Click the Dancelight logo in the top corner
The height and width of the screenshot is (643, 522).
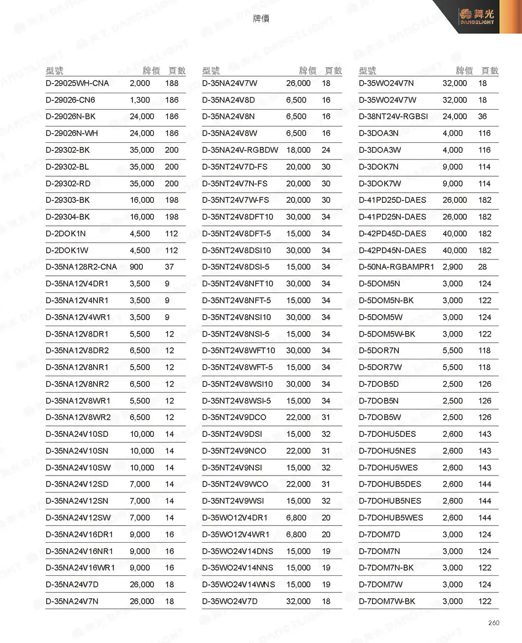coord(477,17)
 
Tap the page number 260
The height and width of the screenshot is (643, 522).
coord(493,623)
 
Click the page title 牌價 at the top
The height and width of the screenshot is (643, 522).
coord(261,19)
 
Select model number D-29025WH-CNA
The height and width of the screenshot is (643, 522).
coord(77,83)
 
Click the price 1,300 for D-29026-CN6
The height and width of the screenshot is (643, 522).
coord(139,100)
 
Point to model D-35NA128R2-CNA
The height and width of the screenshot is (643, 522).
coord(81,267)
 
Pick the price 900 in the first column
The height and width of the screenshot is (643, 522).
coord(136,267)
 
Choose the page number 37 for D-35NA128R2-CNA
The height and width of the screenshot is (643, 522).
coord(169,267)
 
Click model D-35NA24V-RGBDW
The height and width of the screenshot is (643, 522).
coord(240,150)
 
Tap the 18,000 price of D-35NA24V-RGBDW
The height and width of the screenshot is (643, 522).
coord(298,150)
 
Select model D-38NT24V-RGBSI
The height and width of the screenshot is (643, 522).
coord(393,117)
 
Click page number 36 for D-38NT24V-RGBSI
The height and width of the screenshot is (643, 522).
coord(482,117)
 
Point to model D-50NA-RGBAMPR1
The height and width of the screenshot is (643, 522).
coord(396,267)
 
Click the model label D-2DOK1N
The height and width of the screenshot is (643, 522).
coord(65,233)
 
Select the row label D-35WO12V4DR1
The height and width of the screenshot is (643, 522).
coord(235,518)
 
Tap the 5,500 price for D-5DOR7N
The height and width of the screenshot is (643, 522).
coord(452,351)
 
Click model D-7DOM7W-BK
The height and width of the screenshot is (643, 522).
coord(387,601)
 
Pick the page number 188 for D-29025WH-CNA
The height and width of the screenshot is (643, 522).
coord(172,83)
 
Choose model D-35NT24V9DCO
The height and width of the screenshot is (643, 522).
coord(234,417)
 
